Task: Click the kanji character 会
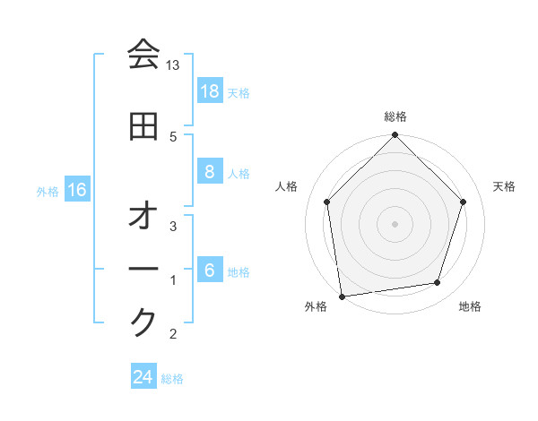143,55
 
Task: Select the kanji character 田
143,126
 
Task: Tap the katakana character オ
143,217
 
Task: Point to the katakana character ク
143,322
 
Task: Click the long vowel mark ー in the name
143,268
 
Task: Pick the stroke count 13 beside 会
173,65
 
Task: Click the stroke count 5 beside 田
173,136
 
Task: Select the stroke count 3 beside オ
173,227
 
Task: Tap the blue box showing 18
210,90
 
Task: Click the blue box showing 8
210,172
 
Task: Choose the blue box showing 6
210,271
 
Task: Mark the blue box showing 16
76,190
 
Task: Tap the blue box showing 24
143,377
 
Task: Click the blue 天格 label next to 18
239,92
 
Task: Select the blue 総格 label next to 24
173,379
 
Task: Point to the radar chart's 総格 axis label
395,116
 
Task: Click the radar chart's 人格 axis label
287,186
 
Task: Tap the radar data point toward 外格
342,296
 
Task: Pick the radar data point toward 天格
464,202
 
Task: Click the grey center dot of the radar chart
395,223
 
